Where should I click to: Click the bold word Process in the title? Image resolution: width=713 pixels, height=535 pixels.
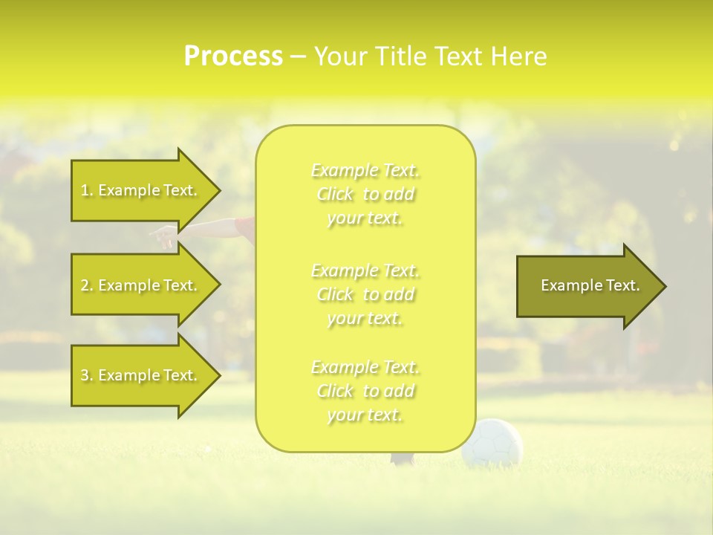click(233, 56)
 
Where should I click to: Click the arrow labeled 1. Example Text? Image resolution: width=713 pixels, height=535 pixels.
click(141, 190)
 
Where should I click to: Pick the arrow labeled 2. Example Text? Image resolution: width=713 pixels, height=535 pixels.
click(141, 285)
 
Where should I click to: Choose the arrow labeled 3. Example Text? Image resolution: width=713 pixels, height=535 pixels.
click(141, 375)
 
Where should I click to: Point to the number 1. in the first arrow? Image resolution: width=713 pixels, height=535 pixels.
click(87, 191)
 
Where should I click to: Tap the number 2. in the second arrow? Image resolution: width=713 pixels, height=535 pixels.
click(87, 286)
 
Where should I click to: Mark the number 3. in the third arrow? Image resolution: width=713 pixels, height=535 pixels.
click(87, 376)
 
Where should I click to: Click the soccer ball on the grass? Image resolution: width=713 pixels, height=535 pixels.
click(492, 443)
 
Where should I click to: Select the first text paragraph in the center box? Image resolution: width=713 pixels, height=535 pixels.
click(365, 194)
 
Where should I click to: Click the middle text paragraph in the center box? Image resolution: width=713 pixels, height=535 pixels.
click(365, 294)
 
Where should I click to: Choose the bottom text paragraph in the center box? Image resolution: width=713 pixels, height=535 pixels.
click(365, 391)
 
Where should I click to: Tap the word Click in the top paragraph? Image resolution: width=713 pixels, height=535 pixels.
click(336, 195)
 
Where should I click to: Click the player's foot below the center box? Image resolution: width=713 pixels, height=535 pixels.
click(403, 459)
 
